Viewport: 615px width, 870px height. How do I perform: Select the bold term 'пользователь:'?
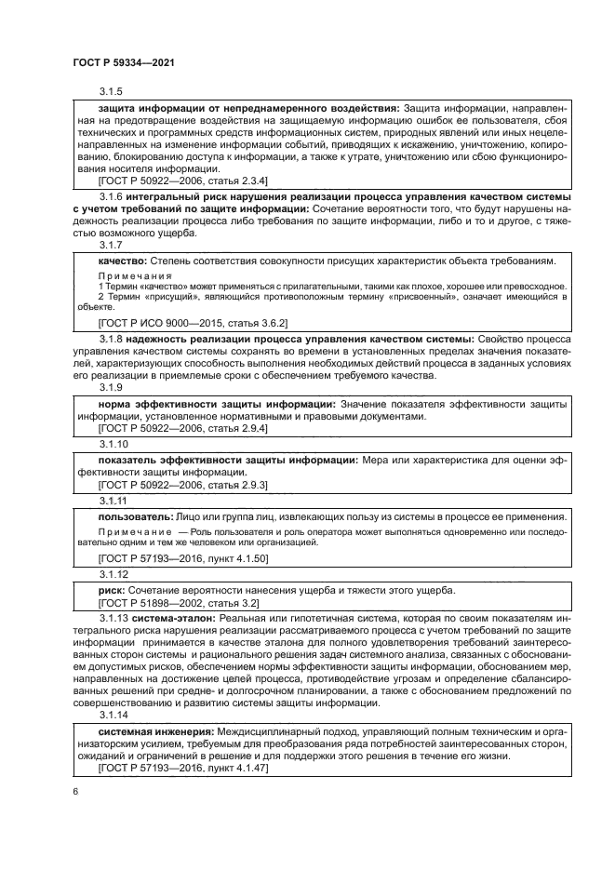[136, 515]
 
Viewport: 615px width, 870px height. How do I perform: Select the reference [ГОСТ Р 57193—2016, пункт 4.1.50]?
[182, 558]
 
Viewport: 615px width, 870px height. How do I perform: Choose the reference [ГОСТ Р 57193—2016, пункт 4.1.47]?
[182, 769]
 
